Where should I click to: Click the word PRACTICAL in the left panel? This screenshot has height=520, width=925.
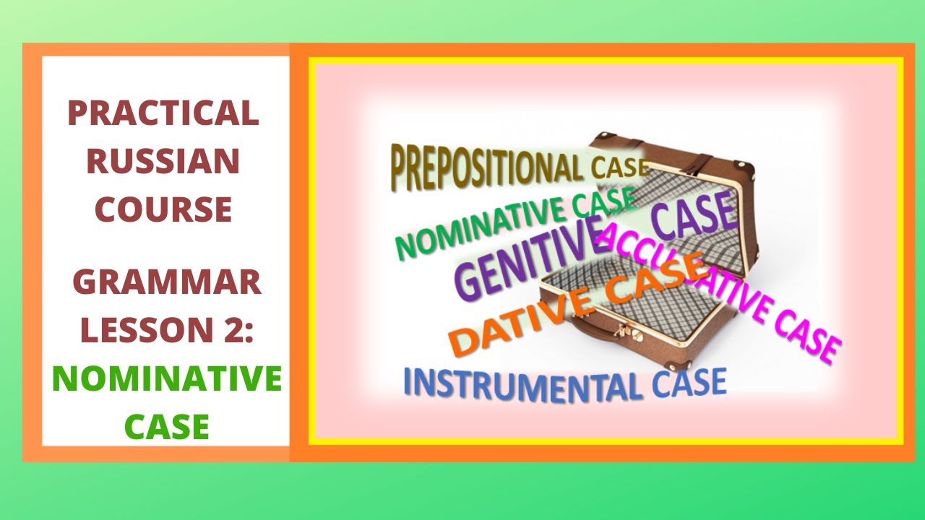[x=163, y=113]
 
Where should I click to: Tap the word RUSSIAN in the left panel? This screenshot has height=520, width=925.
[x=163, y=161]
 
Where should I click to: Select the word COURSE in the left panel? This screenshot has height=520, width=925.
[x=163, y=209]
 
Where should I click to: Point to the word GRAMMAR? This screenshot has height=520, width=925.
[x=167, y=282]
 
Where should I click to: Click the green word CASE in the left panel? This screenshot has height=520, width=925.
[x=167, y=426]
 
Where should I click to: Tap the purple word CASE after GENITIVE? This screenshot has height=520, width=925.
[x=693, y=217]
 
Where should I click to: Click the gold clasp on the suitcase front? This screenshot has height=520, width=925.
[x=619, y=331]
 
